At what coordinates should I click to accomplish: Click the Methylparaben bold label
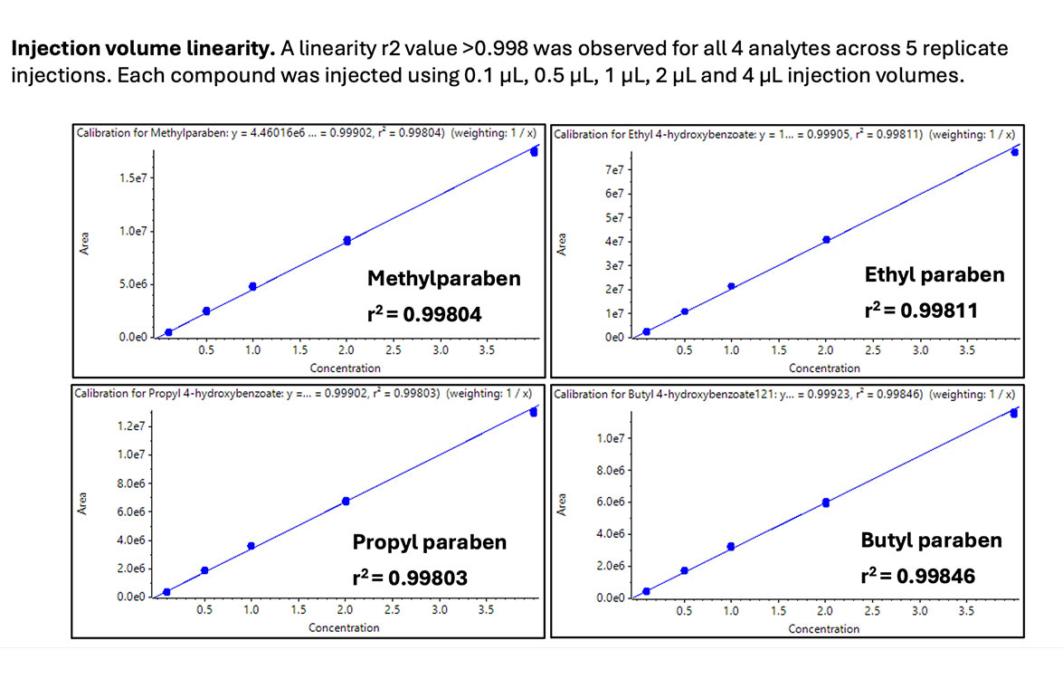443,278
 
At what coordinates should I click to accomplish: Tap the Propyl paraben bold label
429,543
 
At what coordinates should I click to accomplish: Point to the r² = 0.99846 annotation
918,575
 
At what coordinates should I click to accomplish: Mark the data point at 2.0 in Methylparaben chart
346,240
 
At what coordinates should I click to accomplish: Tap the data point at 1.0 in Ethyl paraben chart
731,286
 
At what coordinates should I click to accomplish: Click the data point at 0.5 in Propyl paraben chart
204,570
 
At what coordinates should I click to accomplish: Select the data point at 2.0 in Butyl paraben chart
825,502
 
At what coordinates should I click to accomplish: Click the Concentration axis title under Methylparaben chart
345,368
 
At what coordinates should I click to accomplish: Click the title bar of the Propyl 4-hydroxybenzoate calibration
308,393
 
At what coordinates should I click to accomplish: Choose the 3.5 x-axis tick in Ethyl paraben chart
966,350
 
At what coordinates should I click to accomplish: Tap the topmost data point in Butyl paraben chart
1014,413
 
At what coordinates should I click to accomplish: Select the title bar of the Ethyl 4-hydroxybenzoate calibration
784,134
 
